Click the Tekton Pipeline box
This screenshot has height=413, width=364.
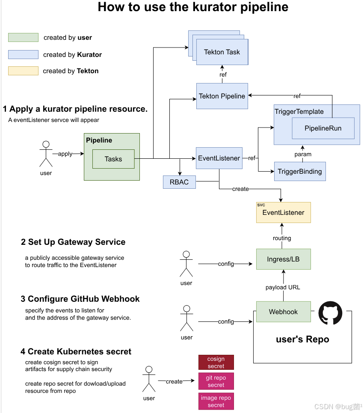point(222,96)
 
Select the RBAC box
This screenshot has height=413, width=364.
point(179,182)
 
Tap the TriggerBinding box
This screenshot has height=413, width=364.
point(299,171)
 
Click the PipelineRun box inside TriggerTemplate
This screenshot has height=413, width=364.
point(323,128)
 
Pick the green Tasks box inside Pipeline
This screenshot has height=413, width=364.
point(113,159)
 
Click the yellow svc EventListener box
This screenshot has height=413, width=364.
point(283,212)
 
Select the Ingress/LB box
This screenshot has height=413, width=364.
point(283,259)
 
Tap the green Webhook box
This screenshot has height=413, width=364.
point(283,312)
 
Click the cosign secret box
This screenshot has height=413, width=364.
point(216,362)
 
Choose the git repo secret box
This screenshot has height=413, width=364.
point(216,381)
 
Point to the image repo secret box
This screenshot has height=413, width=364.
point(216,401)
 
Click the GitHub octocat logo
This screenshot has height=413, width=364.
point(330,313)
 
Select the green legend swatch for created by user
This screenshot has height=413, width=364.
point(23,38)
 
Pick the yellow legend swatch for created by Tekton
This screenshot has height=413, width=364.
point(23,71)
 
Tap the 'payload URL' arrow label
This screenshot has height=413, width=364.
point(283,287)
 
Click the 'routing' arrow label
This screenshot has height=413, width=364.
point(282,238)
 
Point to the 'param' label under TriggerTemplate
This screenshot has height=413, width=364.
point(303,154)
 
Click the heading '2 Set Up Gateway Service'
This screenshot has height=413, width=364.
point(73,242)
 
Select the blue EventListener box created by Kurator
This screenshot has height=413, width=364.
point(219,158)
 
